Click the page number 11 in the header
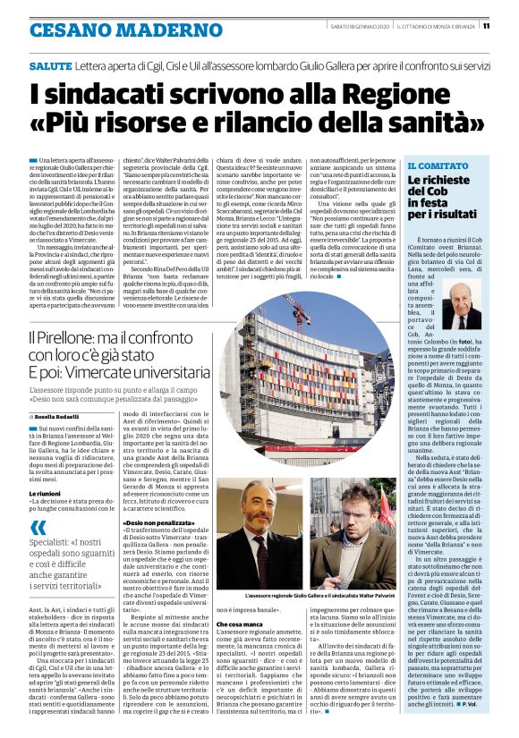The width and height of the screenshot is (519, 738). coord(510,25)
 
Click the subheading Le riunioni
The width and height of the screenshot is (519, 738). coord(46,493)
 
